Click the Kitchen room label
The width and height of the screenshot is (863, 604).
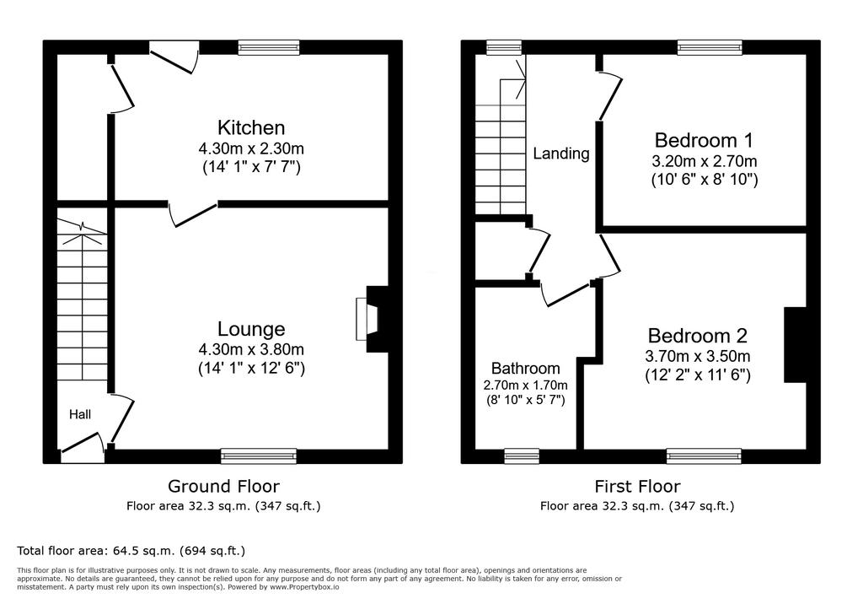pyautogui.click(x=251, y=127)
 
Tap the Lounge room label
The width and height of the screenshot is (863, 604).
pyautogui.click(x=251, y=329)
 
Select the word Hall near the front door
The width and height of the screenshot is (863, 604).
pyautogui.click(x=80, y=414)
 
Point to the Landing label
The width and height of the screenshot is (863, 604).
pyautogui.click(x=560, y=154)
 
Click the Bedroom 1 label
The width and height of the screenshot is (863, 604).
pyautogui.click(x=704, y=141)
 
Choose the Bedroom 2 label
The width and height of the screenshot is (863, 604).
pyautogui.click(x=697, y=336)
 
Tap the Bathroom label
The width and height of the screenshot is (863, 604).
pyautogui.click(x=526, y=368)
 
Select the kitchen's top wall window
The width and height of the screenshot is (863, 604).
pyautogui.click(x=269, y=47)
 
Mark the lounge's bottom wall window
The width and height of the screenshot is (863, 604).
pyautogui.click(x=259, y=456)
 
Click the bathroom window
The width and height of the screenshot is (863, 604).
pyautogui.click(x=522, y=456)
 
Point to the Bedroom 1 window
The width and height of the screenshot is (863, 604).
pyautogui.click(x=710, y=47)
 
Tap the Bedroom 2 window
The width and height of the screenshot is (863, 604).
pyautogui.click(x=704, y=456)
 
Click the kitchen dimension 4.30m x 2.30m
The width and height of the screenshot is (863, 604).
pyautogui.click(x=251, y=148)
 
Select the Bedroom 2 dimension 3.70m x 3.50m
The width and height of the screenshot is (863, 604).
pyautogui.click(x=697, y=357)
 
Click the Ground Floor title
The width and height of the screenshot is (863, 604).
pyautogui.click(x=223, y=486)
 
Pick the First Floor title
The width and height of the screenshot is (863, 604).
pyautogui.click(x=637, y=486)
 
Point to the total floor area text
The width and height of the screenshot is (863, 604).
pyautogui.click(x=131, y=551)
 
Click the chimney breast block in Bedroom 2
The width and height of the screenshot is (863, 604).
pyautogui.click(x=795, y=345)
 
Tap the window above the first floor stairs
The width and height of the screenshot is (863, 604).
pyautogui.click(x=504, y=47)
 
